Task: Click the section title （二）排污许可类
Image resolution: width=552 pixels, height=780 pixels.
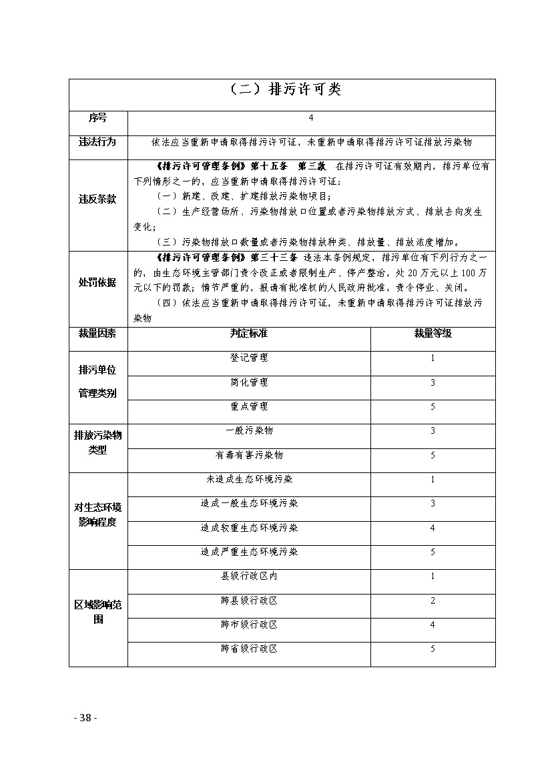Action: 282,90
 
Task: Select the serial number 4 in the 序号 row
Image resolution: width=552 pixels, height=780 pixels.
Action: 311,117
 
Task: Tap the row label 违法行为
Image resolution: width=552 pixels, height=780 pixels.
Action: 98,142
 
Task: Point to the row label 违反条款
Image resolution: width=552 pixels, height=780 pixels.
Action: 98,199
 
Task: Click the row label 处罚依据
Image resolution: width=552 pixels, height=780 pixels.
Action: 98,282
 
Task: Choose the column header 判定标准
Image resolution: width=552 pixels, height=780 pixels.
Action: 249,333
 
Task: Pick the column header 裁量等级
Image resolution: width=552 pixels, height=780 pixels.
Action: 433,333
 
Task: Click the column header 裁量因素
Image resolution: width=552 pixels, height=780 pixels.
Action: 98,333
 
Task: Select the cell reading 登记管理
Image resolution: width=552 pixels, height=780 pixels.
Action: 249,358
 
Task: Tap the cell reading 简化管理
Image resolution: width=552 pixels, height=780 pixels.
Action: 249,382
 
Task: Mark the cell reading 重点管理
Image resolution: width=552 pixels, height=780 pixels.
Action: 249,406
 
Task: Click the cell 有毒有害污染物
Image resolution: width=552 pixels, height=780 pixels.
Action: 249,455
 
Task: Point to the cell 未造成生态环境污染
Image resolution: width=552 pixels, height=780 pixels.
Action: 249,479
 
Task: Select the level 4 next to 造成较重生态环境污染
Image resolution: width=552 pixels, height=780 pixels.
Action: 433,528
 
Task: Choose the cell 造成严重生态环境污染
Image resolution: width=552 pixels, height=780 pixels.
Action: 249,552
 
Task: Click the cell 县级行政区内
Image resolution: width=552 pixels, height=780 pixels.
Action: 249,576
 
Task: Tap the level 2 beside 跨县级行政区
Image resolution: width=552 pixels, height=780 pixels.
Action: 433,601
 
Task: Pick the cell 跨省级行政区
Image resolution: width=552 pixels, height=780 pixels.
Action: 249,649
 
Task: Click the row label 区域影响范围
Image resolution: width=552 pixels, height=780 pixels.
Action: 98,612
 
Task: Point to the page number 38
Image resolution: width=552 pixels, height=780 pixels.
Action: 85,718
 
